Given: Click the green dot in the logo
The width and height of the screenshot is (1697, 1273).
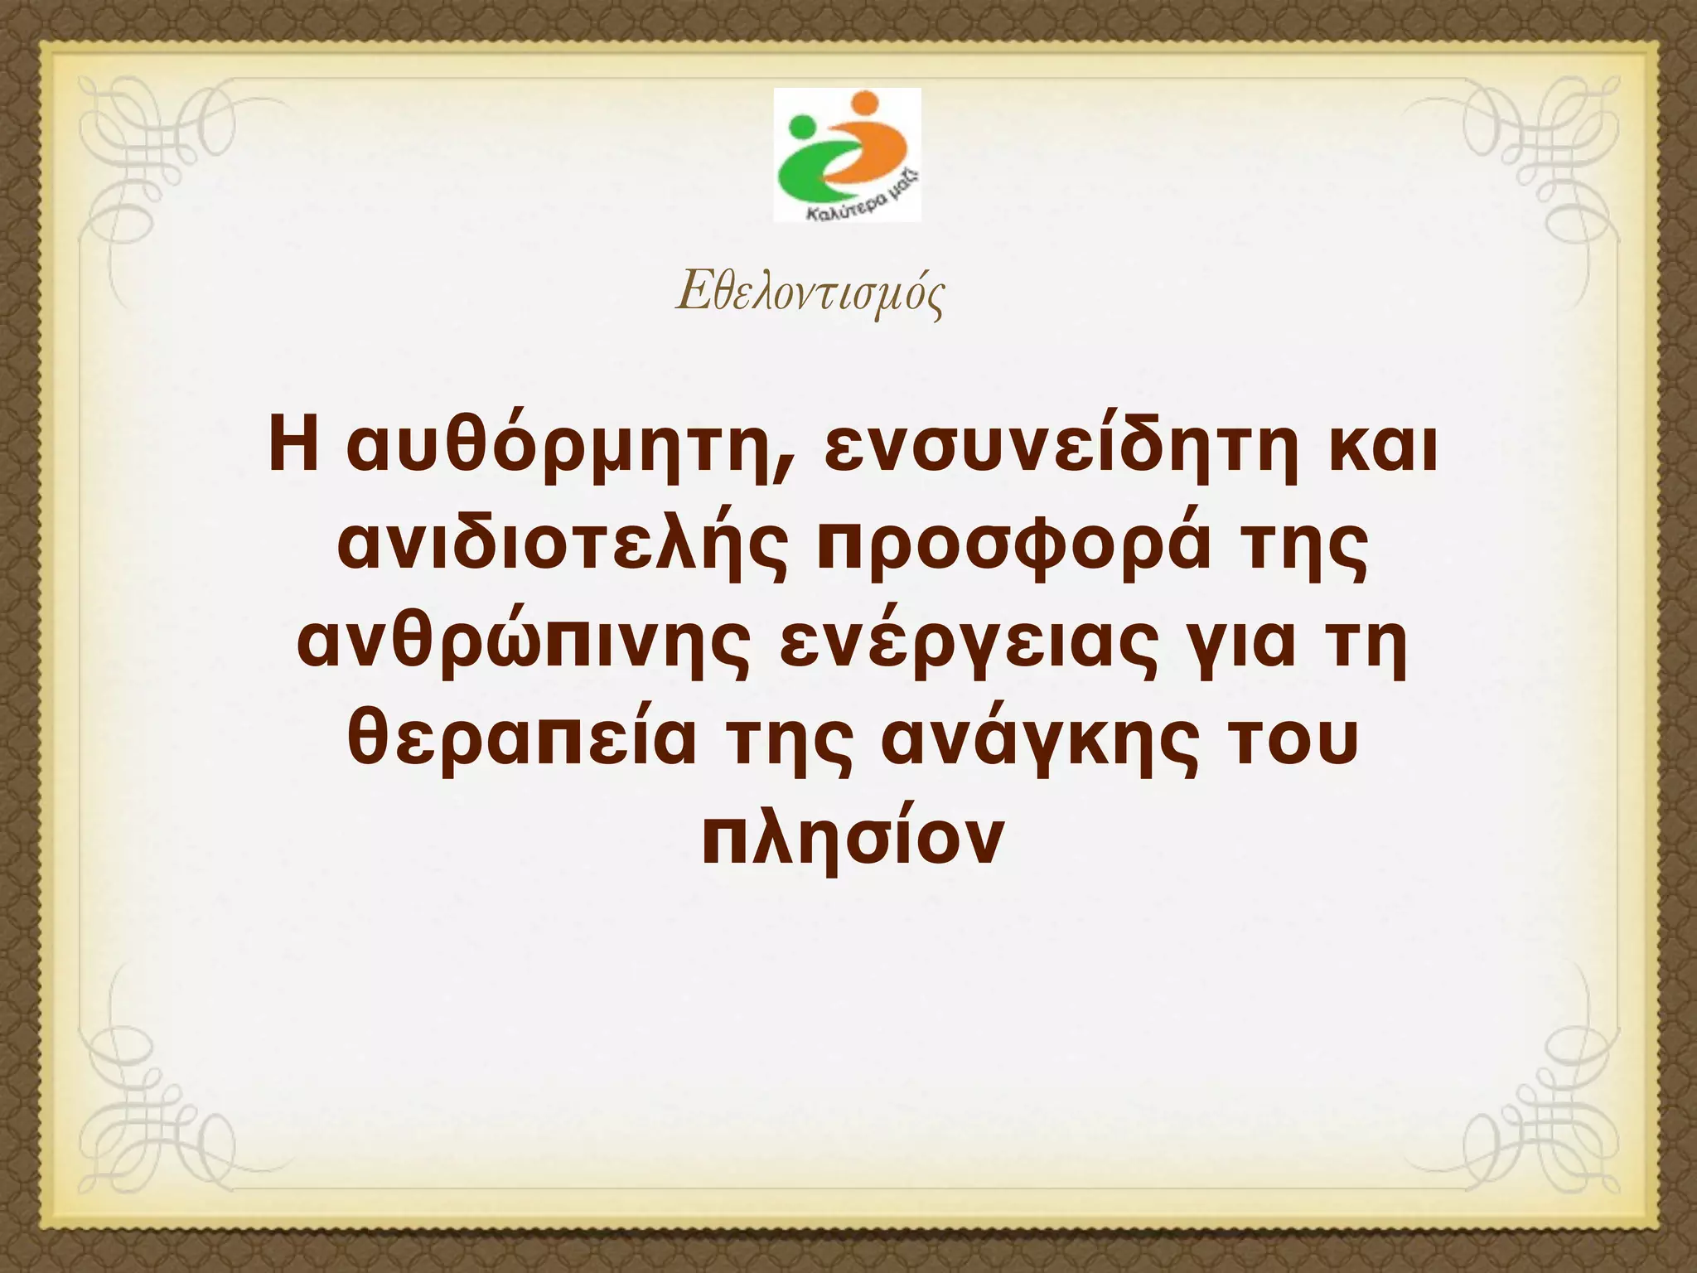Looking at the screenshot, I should (x=802, y=128).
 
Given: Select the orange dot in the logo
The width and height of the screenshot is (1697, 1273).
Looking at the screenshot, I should (x=864, y=104).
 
